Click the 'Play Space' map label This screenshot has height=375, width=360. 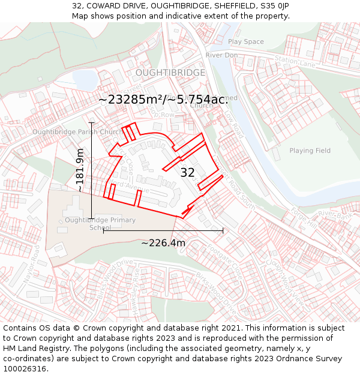click(245, 41)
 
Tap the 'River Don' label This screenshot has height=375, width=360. click(221, 55)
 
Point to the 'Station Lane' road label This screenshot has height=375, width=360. click(295, 61)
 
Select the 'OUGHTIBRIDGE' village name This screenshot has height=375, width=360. click(170, 73)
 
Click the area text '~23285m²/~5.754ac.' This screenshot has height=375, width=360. click(163, 100)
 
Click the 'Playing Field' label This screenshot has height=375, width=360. click(310, 151)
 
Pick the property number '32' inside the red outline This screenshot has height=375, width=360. click(187, 173)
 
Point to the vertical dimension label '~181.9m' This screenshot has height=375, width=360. click(80, 170)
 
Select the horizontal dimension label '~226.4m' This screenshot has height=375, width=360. click(163, 243)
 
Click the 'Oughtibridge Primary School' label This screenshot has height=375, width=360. click(92, 224)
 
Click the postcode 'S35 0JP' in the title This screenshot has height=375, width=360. click(272, 6)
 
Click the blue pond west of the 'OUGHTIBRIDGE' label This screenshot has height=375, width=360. click(85, 78)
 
